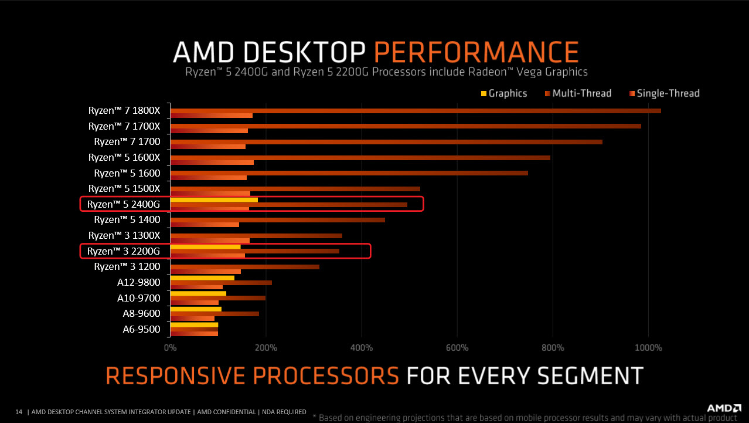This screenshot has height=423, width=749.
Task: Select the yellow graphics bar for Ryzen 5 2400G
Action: coord(214,200)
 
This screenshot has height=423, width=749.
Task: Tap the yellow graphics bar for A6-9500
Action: coord(193,324)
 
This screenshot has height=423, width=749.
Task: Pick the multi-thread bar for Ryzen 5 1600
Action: coord(349,173)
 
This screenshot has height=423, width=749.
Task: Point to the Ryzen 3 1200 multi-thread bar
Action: coord(244,266)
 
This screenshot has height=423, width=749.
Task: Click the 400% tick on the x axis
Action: coord(362,348)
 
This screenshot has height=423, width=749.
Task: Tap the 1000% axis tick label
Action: coord(648,348)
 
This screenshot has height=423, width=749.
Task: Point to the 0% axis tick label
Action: coord(170,348)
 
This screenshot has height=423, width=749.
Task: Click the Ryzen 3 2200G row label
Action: coord(124,251)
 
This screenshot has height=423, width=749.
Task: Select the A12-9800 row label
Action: coord(138,282)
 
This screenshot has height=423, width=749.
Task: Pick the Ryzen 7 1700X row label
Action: coord(124,126)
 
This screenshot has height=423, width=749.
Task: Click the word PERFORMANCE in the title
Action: coord(476,52)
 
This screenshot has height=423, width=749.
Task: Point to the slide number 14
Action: coord(18,412)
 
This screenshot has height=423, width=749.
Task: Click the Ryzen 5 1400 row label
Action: coord(127,219)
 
